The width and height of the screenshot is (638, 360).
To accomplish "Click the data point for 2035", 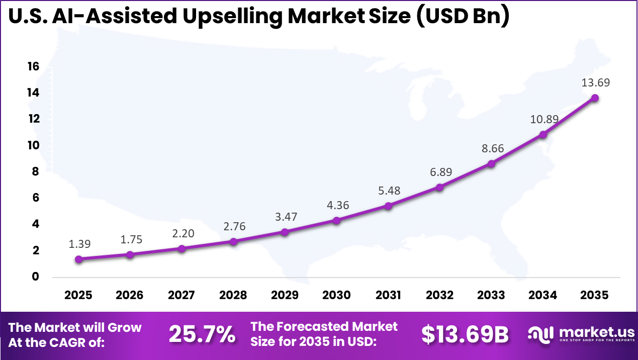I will click(x=595, y=98).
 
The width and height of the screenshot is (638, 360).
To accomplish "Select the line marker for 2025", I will click(x=78, y=259).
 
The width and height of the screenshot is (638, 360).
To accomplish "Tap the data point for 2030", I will click(x=336, y=220).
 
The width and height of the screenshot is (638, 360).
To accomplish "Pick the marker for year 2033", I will click(x=491, y=163).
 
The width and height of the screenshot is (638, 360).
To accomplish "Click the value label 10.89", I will click(x=543, y=120).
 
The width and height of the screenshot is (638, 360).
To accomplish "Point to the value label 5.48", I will click(x=388, y=191).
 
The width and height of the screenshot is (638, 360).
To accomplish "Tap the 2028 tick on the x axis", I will click(x=233, y=295).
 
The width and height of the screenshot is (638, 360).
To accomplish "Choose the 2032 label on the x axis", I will click(x=439, y=295).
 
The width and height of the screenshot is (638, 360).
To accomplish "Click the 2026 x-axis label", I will click(x=130, y=295).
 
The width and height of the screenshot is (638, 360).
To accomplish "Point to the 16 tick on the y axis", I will click(x=33, y=67).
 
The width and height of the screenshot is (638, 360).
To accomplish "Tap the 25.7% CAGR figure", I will click(x=202, y=334).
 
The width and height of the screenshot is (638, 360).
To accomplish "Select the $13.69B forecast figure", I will click(x=465, y=334).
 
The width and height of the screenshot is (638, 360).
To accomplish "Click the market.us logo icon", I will click(x=540, y=334).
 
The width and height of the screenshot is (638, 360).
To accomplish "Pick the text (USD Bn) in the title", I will click(x=463, y=16).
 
